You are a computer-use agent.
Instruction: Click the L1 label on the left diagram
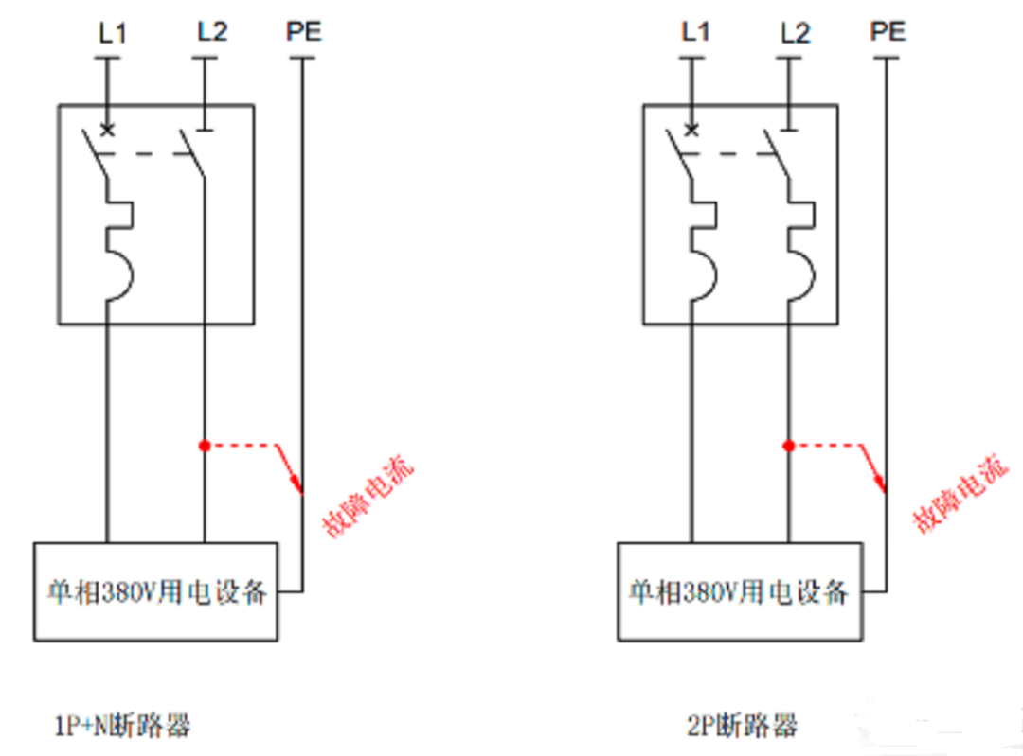click(112, 32)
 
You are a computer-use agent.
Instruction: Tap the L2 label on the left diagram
click(212, 31)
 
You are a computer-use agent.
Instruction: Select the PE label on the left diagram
click(304, 31)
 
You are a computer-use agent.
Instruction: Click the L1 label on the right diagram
click(695, 31)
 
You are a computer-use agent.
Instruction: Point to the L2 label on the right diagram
click(796, 32)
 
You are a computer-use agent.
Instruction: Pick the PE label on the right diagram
click(888, 31)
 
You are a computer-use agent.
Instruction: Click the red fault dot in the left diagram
click(204, 445)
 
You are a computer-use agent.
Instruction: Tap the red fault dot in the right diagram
click(787, 445)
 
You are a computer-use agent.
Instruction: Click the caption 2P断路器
click(742, 726)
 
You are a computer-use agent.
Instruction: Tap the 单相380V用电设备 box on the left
click(156, 592)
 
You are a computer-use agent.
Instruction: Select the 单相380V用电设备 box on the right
click(740, 592)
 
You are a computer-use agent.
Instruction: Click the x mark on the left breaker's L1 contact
click(107, 130)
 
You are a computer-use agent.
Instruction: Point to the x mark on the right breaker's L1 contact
click(691, 130)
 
